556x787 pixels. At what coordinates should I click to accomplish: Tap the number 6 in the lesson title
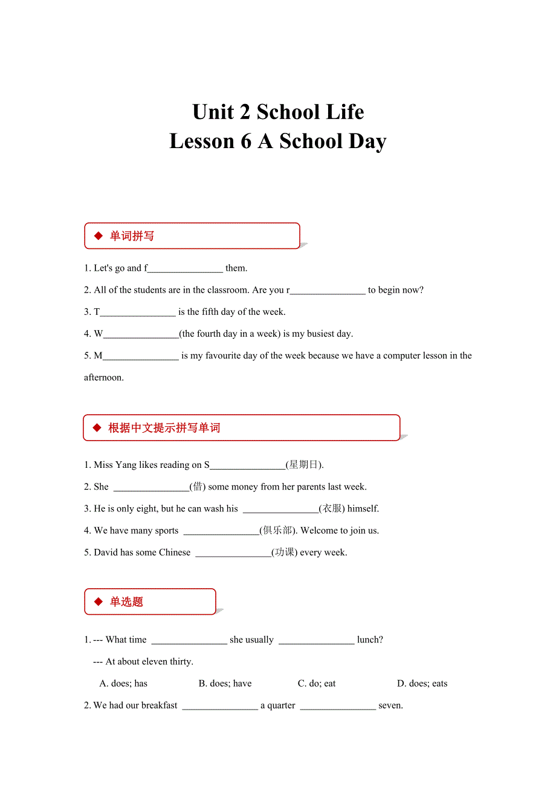coord(245,141)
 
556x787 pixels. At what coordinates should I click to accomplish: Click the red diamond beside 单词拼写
coord(99,236)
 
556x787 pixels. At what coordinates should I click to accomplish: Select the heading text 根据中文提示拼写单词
coord(164,428)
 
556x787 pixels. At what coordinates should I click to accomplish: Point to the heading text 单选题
coord(126,602)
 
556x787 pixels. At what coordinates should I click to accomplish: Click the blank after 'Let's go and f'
coord(186,268)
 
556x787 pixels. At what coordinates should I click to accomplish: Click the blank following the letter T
coord(138,312)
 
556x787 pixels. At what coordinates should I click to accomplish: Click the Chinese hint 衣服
coord(332,508)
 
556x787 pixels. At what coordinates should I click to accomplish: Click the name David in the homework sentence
coord(106,552)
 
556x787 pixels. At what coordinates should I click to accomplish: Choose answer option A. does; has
coord(123,684)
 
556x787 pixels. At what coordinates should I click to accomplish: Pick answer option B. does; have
coord(225,684)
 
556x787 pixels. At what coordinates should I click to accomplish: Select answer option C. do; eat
coord(317,684)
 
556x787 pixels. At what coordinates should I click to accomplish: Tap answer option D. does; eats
coord(422,684)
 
